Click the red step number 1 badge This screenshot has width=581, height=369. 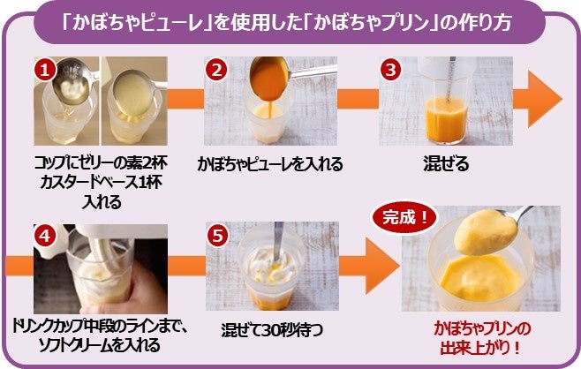[45, 69]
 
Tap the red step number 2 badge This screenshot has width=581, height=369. [216, 69]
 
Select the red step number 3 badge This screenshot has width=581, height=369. [390, 69]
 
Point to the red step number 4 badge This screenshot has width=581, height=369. [45, 236]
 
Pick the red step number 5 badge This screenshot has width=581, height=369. [217, 236]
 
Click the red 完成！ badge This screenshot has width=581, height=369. [404, 217]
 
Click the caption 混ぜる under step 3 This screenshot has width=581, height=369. [446, 163]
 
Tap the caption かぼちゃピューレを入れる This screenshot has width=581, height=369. [270, 163]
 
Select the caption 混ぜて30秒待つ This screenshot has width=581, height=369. [272, 330]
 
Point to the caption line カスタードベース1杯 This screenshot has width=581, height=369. [101, 183]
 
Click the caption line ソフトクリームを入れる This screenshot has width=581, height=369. [99, 345]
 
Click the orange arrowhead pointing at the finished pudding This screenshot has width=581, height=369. [382, 266]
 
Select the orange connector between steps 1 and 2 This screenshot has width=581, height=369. [185, 99]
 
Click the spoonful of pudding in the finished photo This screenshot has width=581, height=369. [486, 232]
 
